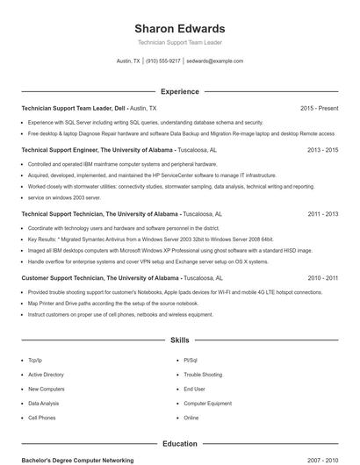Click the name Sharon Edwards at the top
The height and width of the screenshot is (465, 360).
[180, 28]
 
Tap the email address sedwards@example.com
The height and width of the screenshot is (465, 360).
[215, 61]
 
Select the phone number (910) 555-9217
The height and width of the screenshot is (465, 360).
[163, 61]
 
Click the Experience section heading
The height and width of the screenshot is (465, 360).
[180, 91]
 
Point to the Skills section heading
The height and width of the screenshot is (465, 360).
[180, 340]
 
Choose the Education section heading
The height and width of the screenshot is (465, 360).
[180, 444]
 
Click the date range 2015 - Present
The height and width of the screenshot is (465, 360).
[319, 108]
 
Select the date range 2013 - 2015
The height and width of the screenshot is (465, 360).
[322, 150]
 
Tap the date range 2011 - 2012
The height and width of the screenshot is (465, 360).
[322, 213]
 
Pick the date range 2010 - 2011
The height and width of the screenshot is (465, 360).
[322, 277]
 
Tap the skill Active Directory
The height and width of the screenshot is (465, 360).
[46, 375]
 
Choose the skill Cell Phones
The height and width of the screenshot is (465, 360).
[41, 418]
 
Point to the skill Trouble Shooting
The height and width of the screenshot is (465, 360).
[203, 375]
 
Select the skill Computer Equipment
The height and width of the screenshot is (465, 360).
[207, 404]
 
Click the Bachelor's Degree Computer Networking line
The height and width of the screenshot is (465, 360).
[77, 460]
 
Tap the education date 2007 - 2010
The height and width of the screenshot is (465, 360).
[322, 460]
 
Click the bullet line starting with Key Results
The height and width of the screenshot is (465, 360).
[150, 239]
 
